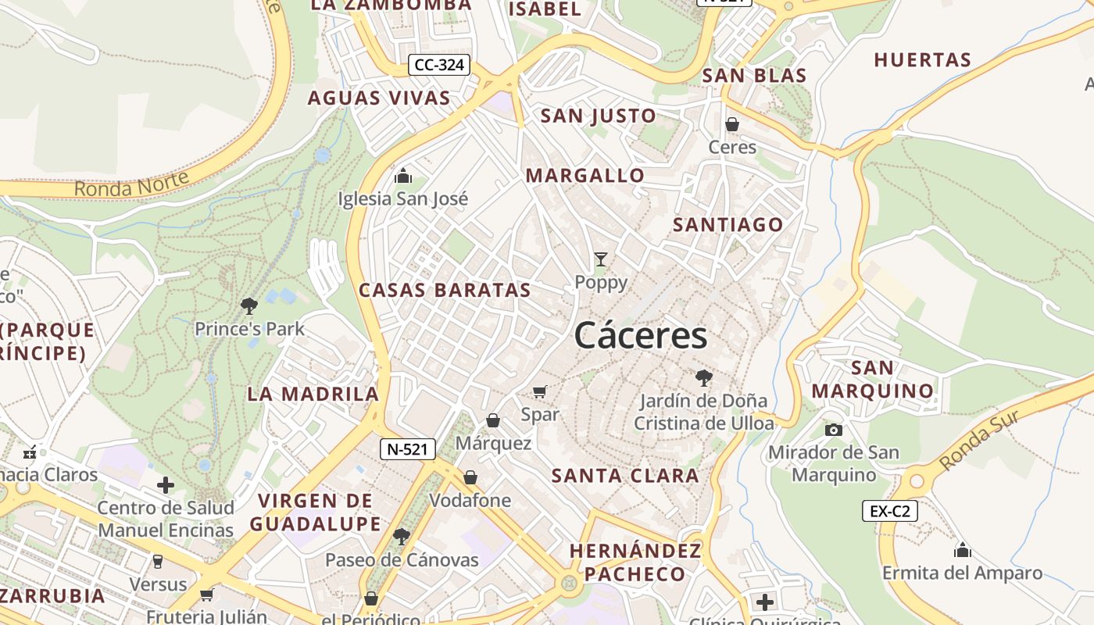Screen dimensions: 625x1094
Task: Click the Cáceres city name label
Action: tap(641, 336)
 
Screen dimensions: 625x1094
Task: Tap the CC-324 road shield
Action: tap(439, 65)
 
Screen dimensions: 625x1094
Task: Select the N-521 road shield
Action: tap(407, 449)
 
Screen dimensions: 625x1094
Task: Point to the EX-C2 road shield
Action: tap(890, 512)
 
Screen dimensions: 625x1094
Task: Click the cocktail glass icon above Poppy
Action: tap(601, 259)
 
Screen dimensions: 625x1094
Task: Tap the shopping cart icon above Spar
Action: tap(539, 391)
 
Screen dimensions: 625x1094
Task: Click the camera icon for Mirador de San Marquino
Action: tap(834, 430)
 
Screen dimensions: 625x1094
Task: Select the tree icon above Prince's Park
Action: tap(249, 305)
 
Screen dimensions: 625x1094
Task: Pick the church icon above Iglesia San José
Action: tap(403, 176)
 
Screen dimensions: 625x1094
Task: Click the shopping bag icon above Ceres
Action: tap(732, 124)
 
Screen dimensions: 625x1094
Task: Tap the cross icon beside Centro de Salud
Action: tap(166, 485)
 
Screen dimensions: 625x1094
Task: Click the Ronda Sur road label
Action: tap(978, 440)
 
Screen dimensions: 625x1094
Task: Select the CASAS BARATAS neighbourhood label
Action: tap(445, 290)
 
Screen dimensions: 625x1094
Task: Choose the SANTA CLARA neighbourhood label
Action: tap(625, 476)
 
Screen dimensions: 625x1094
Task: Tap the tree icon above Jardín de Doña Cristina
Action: tap(703, 378)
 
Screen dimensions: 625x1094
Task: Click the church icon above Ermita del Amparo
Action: tap(963, 550)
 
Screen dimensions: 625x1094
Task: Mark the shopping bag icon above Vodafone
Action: tap(470, 477)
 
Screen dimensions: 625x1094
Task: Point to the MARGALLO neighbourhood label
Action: tap(585, 176)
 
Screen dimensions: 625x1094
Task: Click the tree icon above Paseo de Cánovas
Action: tap(402, 536)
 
